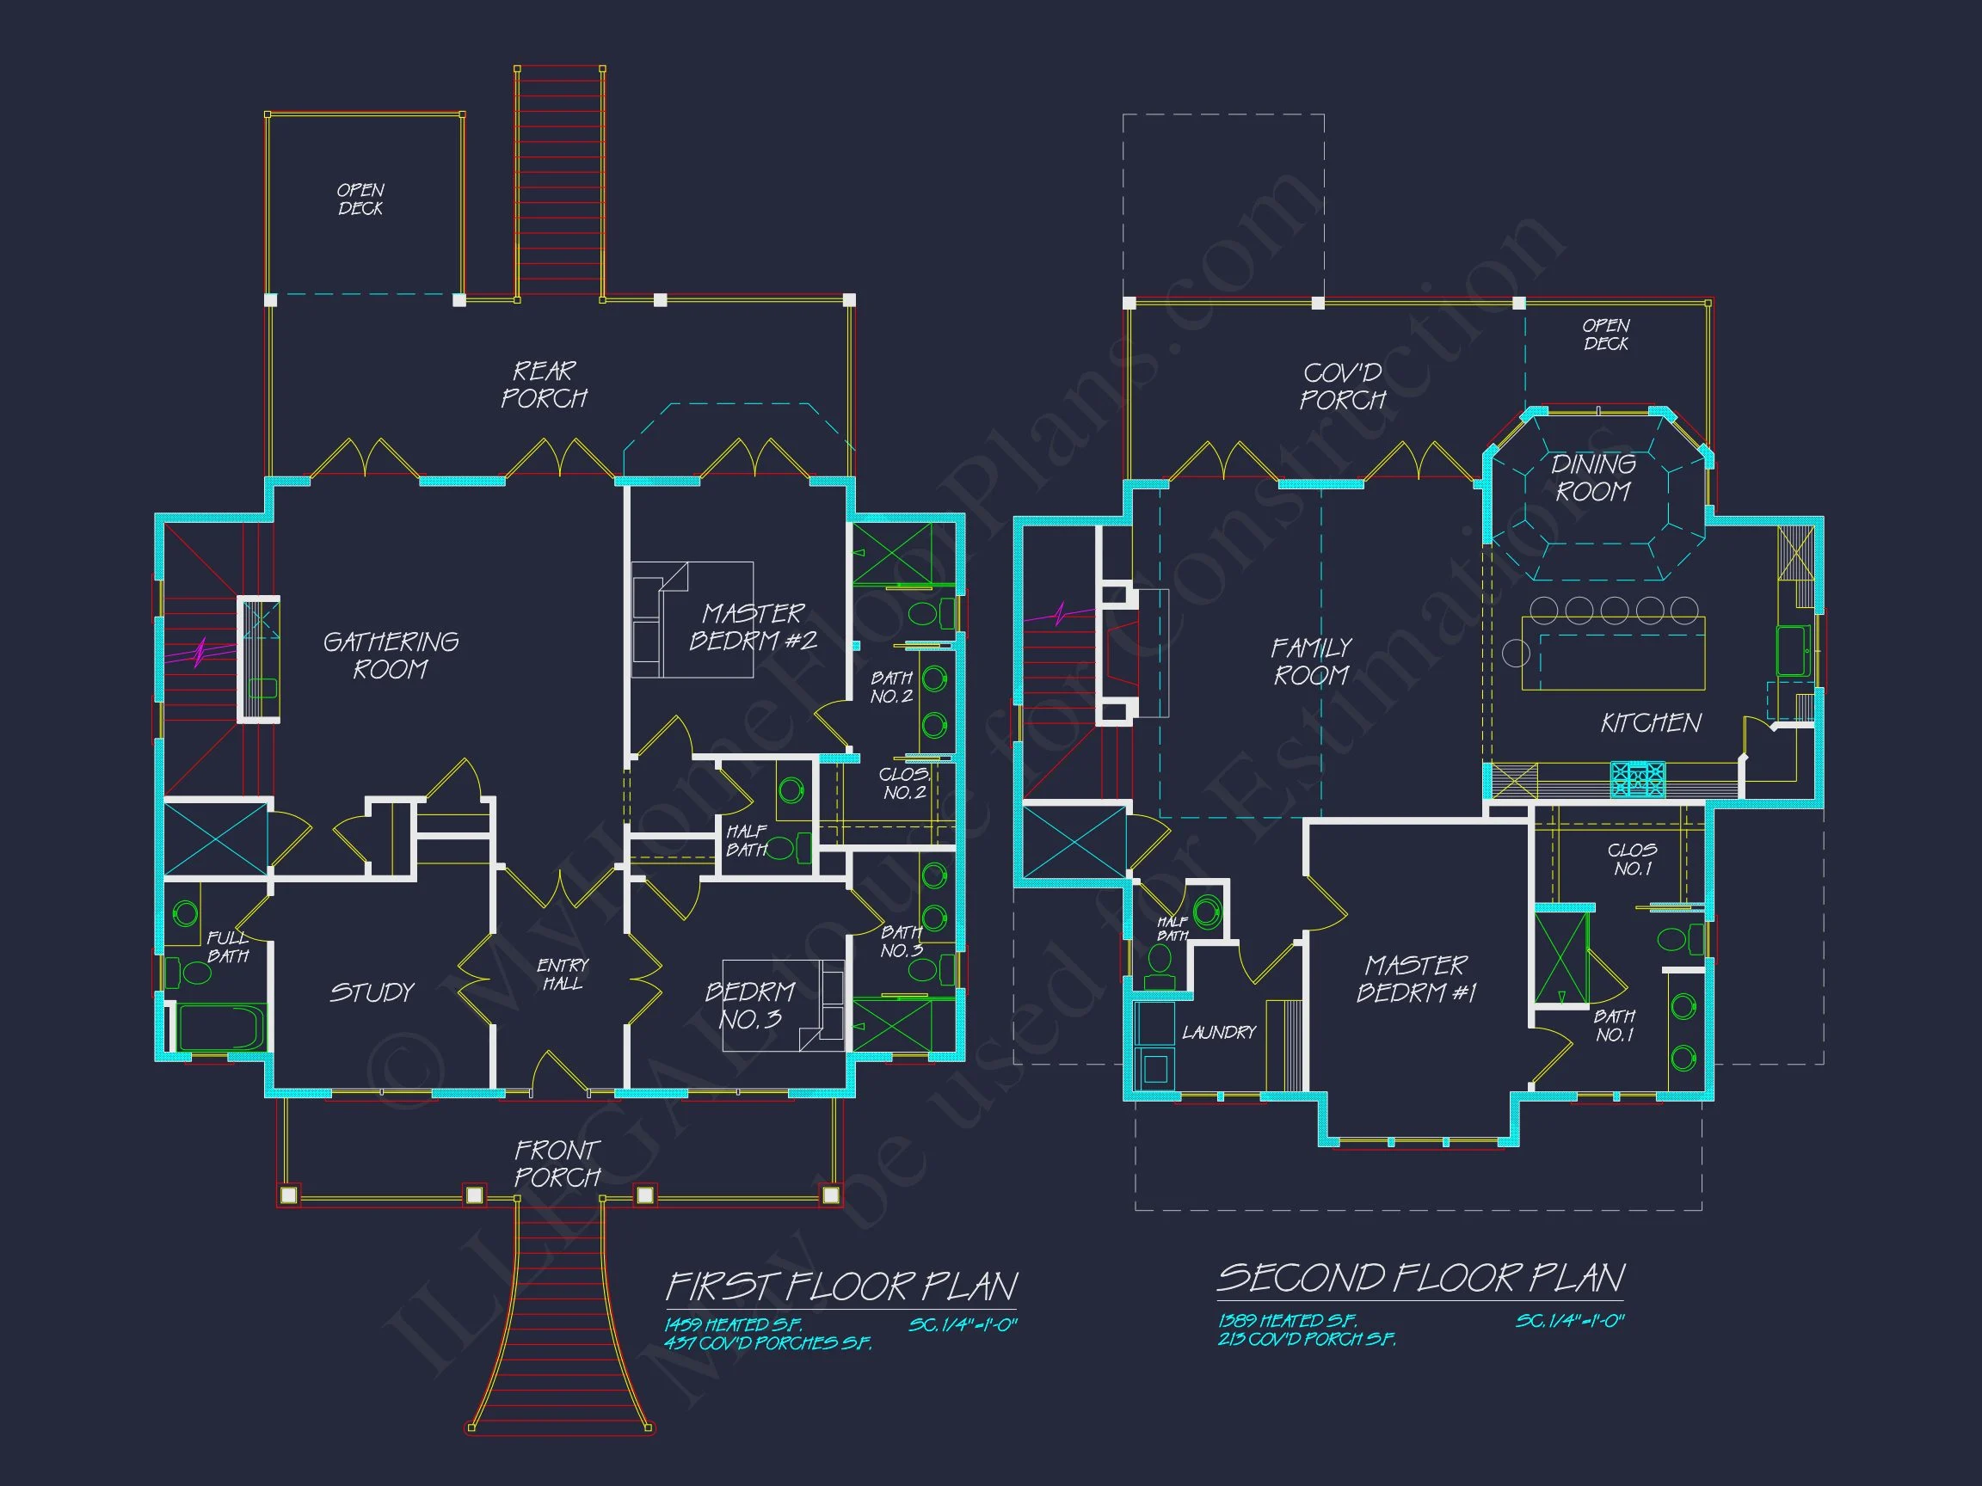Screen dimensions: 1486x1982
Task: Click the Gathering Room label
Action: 391,655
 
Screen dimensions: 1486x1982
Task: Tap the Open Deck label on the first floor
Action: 360,199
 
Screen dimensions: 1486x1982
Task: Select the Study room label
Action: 372,992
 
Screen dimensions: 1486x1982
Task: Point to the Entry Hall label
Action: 563,974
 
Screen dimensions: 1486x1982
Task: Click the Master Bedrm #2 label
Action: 753,627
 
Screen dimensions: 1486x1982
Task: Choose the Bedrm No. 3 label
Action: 750,1005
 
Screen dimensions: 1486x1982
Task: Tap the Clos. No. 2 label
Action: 903,783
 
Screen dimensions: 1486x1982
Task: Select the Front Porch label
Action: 557,1164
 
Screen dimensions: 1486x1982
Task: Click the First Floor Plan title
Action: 841,1287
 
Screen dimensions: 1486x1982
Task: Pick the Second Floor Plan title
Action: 1420,1279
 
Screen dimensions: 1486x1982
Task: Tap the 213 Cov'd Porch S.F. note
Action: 1307,1340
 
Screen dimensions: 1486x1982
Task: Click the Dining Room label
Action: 1592,477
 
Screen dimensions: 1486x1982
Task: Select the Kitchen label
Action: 1651,723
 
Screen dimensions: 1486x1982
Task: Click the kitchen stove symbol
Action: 1638,778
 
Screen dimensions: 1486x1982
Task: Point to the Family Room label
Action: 1311,661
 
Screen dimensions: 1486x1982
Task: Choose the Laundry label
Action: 1219,1033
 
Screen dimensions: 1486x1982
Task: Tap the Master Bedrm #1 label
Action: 1416,979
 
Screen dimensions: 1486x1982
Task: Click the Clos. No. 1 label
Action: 1632,859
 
